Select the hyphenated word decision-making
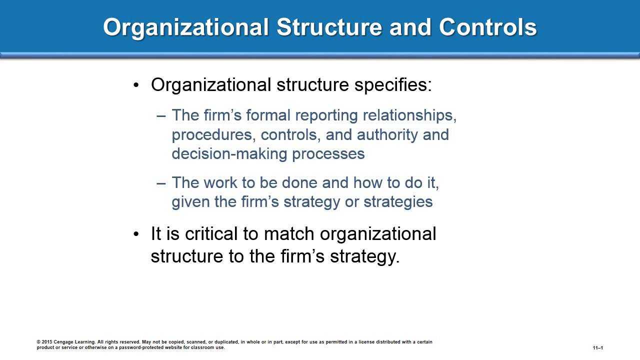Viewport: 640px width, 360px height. pyautogui.click(x=229, y=153)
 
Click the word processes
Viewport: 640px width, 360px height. pyautogui.click(x=328, y=153)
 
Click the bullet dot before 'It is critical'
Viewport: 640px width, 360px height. pyautogui.click(x=136, y=234)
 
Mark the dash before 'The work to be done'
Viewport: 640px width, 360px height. pyautogui.click(x=161, y=182)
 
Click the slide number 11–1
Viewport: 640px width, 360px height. pyautogui.click(x=598, y=348)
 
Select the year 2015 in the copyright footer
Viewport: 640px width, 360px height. pyautogui.click(x=46, y=342)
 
